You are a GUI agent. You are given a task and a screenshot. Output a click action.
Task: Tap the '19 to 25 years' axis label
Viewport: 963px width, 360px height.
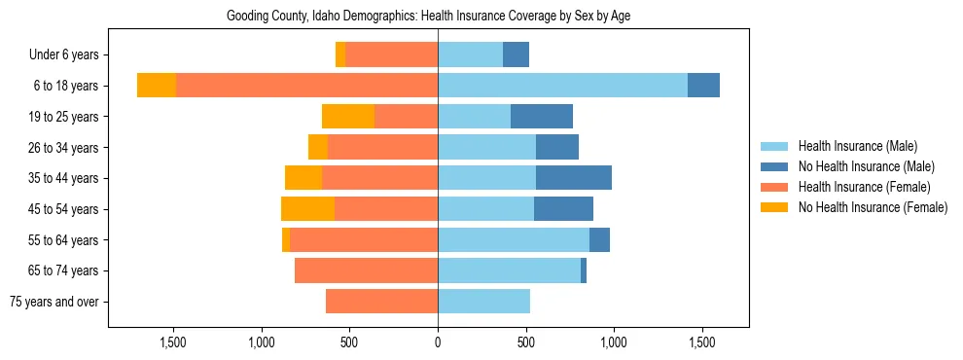pos(64,117)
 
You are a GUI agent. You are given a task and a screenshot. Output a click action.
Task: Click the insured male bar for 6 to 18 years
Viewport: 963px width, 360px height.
pos(562,86)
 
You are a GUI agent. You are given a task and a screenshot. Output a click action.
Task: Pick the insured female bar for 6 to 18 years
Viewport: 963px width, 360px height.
pos(306,86)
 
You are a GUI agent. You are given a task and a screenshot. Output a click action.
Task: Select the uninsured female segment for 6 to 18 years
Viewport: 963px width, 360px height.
pos(157,86)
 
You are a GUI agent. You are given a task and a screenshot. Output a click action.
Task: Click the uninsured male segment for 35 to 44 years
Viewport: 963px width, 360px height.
pos(574,178)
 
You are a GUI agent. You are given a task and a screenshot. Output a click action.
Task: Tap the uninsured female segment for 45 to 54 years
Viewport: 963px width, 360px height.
pos(307,209)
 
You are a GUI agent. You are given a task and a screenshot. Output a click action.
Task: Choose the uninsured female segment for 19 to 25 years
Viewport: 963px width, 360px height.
pos(348,117)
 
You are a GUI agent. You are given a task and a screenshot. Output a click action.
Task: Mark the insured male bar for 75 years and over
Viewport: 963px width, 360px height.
pos(483,302)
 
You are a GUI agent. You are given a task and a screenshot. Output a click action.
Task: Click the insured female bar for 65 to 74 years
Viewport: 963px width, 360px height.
pos(366,270)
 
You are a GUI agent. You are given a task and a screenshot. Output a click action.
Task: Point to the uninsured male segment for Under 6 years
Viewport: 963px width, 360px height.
pos(516,55)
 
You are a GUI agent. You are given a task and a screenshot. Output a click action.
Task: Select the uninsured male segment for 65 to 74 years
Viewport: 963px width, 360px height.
pos(584,270)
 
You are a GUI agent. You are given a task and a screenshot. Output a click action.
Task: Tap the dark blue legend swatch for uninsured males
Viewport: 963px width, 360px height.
pos(774,166)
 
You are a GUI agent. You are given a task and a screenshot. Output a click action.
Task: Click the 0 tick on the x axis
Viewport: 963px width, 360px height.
pos(438,342)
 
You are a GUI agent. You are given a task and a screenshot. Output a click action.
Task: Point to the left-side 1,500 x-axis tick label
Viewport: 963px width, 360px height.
pos(173,342)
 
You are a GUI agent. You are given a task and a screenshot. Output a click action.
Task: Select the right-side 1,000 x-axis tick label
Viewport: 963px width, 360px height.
pos(614,342)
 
